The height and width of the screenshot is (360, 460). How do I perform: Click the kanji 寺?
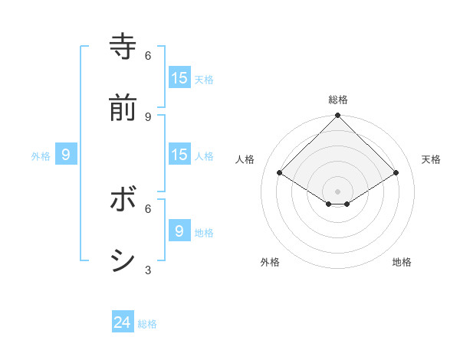[123, 46]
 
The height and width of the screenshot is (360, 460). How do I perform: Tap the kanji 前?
[123, 107]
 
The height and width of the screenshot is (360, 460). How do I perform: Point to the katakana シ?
[123, 260]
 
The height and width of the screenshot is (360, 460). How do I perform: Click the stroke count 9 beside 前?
[148, 116]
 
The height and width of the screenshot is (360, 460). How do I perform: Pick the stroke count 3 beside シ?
[148, 270]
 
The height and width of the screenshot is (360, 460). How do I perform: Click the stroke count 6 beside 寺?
[148, 55]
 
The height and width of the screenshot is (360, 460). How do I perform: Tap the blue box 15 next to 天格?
[179, 78]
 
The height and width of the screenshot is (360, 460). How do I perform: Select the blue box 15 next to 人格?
[179, 155]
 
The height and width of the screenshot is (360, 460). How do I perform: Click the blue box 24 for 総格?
[123, 322]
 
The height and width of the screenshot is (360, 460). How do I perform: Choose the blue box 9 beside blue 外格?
[66, 155]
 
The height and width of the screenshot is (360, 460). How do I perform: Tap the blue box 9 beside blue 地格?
[179, 231]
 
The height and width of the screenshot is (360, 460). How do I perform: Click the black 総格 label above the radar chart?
[338, 100]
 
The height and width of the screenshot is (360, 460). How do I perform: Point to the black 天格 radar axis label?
[431, 159]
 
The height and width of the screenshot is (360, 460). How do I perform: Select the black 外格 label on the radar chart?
[270, 262]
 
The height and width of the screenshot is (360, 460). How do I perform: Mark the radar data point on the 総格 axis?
[338, 116]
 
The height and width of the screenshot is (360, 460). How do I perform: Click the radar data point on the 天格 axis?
[396, 173]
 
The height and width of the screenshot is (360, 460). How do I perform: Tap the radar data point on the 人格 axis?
[280, 173]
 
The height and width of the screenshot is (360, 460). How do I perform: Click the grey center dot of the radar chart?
[338, 191]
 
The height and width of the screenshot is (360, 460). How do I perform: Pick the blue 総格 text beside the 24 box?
[147, 324]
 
